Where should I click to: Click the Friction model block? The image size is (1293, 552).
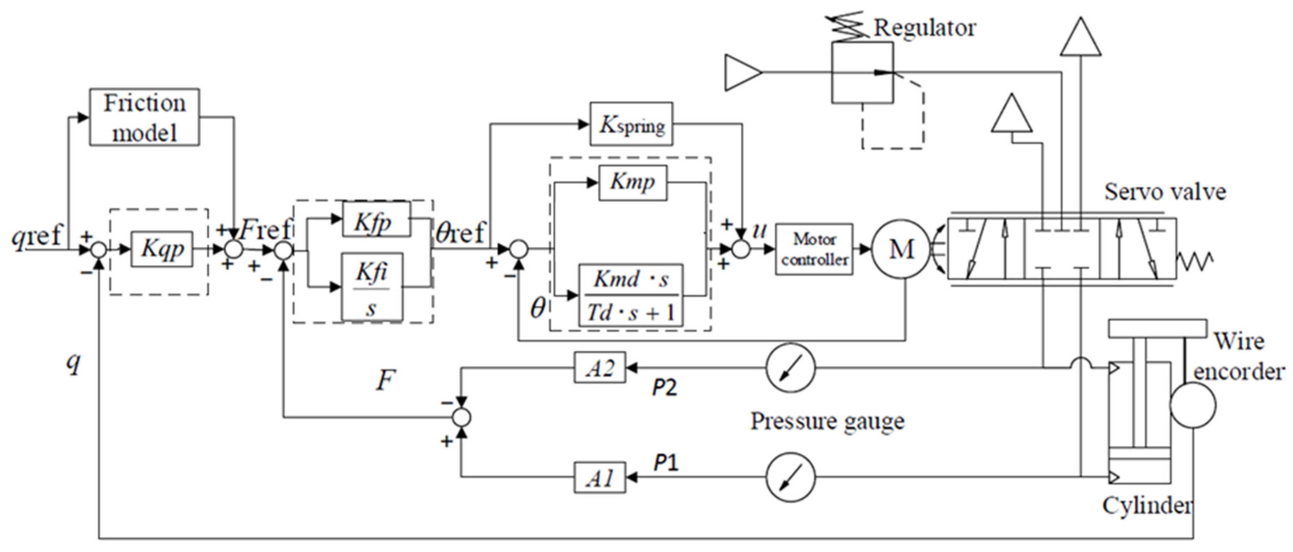tap(144, 117)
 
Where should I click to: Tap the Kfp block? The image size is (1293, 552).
tap(376, 219)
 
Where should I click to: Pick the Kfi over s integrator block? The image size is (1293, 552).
tap(372, 287)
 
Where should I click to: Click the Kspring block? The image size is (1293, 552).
tap(631, 124)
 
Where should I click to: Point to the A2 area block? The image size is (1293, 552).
tap(600, 367)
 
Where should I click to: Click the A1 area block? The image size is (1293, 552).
tap(600, 477)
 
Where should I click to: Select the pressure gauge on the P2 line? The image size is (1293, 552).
tap(791, 368)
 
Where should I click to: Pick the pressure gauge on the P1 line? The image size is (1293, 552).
tap(791, 477)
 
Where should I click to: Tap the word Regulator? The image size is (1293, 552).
tap(924, 28)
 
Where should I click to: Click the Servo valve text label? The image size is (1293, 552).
tap(1164, 192)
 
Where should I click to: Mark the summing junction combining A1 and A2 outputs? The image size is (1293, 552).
tap(461, 417)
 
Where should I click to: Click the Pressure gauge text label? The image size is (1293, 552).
tap(827, 421)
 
